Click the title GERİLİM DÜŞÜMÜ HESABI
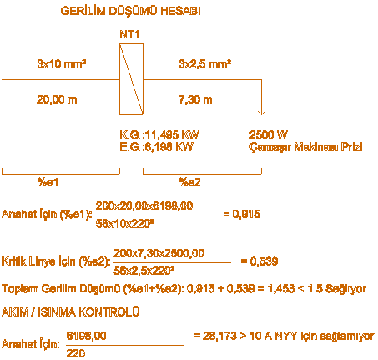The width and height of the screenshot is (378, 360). tap(130, 11)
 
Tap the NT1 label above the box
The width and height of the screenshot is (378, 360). tap(129, 34)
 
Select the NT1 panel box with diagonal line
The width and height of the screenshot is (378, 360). tap(131, 79)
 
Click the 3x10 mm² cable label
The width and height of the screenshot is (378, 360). tap(62, 64)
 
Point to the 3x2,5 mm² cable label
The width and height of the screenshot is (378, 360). tap(204, 64)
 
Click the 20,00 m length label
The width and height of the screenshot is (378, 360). tap(57, 99)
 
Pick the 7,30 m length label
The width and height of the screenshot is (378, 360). tap(195, 99)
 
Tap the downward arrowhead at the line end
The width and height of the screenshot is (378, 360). tap(261, 113)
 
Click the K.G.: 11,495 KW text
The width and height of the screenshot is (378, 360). tap(159, 134)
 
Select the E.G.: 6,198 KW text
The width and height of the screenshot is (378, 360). tap(157, 147)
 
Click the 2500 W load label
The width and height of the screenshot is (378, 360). tap(268, 134)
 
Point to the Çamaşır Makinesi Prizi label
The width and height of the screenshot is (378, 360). tap(305, 147)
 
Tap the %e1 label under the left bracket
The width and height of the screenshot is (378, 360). tap(48, 182)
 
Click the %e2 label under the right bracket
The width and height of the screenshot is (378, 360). tap(189, 182)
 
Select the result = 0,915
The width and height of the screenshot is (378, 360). tap(242, 214)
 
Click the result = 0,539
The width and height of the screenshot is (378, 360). tap(260, 261)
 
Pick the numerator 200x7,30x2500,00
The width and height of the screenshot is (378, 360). tap(159, 253)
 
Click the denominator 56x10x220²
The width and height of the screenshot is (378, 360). tap(125, 224)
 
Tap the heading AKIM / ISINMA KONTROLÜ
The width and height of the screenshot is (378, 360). tap(70, 312)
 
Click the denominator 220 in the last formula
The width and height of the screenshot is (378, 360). tap(76, 353)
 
